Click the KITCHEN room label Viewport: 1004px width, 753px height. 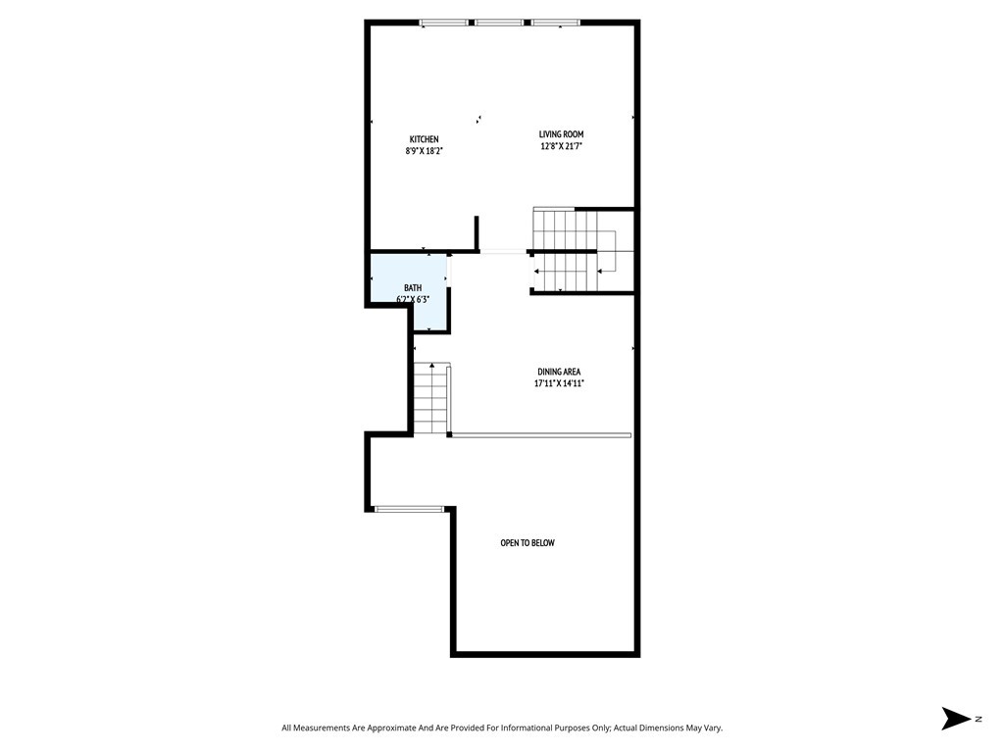point(424,139)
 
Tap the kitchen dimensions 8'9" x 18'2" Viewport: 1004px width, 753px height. point(424,151)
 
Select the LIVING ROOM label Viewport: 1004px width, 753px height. point(562,134)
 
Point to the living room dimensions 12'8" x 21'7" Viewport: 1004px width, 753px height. point(562,146)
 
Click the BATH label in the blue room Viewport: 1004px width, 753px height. point(413,287)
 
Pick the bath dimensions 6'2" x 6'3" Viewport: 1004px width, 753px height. point(413,298)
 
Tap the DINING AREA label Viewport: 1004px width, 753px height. point(559,372)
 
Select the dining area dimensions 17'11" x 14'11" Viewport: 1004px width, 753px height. point(559,383)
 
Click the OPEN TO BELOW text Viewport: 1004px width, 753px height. point(527,543)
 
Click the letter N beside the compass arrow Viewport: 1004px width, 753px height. point(979,720)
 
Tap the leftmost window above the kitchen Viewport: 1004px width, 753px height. point(443,22)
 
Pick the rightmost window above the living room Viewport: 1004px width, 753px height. point(555,22)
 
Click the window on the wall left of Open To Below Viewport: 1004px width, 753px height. point(409,509)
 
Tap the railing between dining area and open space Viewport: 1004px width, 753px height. point(540,434)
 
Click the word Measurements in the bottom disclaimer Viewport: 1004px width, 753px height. point(329,728)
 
